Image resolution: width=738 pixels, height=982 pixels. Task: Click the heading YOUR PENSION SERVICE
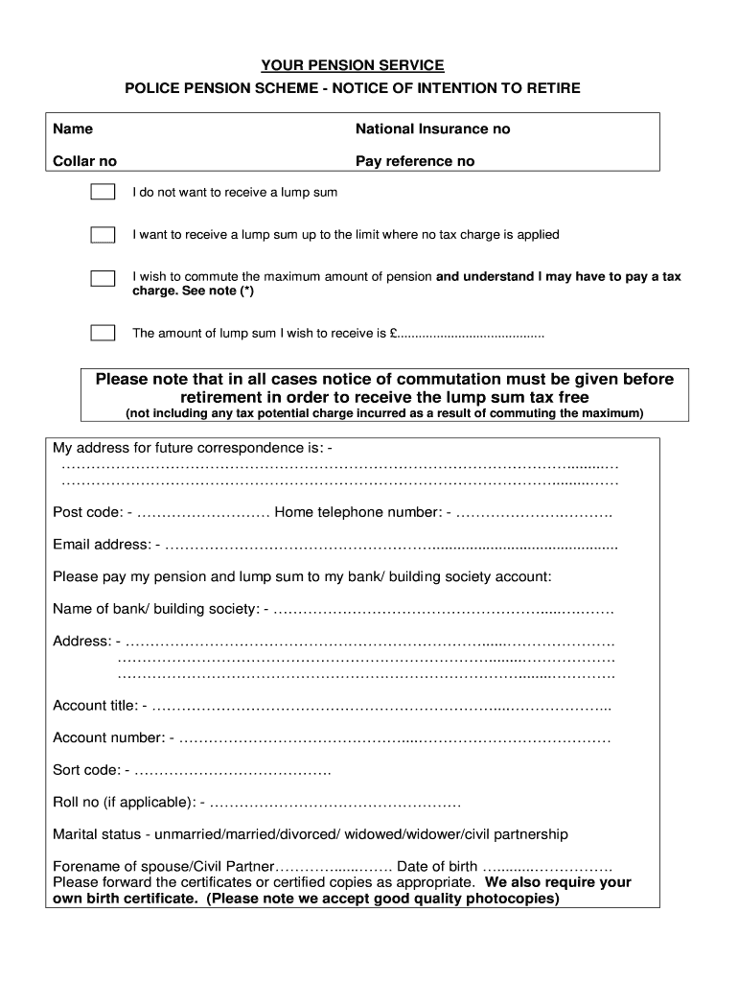click(353, 65)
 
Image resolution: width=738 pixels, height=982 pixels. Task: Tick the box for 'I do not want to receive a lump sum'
click(103, 192)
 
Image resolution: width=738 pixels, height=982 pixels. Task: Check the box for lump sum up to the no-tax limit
click(103, 234)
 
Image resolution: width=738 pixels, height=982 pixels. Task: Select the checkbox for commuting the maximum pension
click(103, 278)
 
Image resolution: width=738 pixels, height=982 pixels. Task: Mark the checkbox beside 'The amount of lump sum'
click(103, 333)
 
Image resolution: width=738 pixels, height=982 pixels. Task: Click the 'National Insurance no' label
click(432, 129)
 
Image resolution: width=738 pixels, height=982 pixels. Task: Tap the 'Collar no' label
click(84, 161)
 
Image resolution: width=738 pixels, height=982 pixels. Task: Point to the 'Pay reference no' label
click(414, 161)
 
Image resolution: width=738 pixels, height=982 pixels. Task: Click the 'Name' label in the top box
click(73, 129)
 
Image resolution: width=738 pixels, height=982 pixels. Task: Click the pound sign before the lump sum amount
click(394, 334)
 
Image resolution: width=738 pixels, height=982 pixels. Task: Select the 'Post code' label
click(87, 512)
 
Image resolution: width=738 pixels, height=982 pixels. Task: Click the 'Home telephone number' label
click(357, 512)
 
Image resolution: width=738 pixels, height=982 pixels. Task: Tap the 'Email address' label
click(101, 545)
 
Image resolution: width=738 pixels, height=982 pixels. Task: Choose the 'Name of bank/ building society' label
click(155, 609)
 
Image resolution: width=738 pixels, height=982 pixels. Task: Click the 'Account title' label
click(95, 706)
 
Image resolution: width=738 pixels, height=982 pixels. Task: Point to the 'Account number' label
click(108, 737)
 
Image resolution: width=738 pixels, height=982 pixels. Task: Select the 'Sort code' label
click(86, 770)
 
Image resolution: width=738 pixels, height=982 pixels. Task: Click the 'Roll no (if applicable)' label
click(124, 802)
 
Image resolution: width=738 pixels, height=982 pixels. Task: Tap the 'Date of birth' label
click(437, 866)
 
